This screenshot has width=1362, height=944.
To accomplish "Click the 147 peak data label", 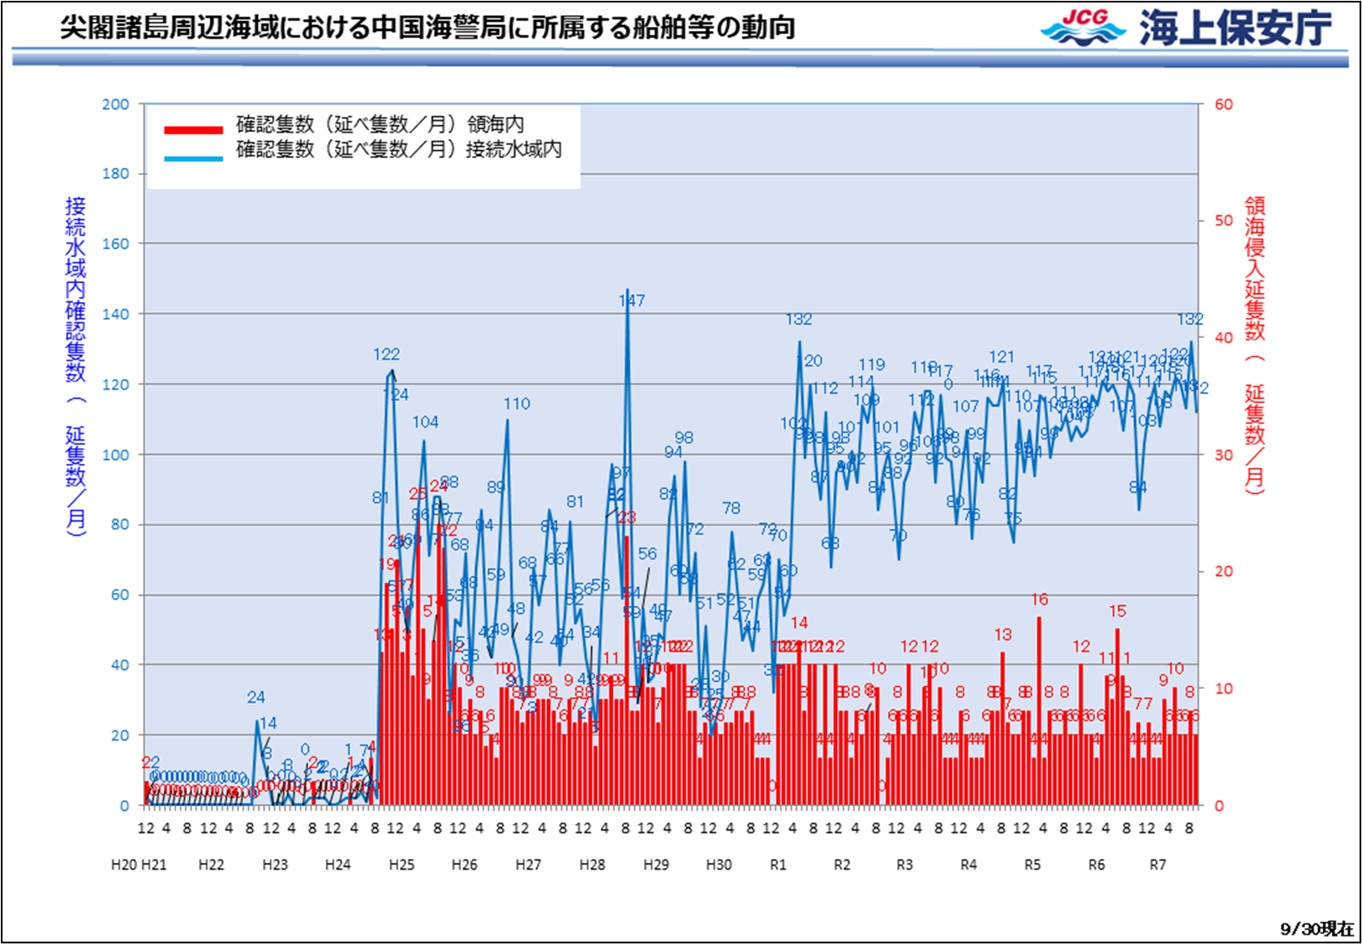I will point(632,300).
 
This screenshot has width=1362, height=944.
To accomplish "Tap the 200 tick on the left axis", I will point(116,104).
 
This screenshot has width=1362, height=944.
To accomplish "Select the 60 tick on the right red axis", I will point(1223,104).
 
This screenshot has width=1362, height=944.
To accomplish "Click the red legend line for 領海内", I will point(194,129).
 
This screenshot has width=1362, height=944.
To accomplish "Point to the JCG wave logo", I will point(1083,28).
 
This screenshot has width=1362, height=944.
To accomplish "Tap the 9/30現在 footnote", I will point(1317,929).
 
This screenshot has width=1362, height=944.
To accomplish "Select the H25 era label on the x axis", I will point(402,865).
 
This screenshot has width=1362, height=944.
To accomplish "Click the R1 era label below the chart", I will point(778,865).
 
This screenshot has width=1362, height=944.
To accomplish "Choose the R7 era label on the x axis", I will point(1157,865).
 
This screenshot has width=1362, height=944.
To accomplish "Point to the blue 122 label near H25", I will point(387,355).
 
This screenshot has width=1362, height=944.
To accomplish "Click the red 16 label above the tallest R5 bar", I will point(1040,599).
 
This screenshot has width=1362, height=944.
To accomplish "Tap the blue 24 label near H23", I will point(256,697).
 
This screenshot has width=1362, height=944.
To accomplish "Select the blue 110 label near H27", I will point(517,404).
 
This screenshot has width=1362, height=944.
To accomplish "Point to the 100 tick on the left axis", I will point(116,455).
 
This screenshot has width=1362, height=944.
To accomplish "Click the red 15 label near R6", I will point(1117,611).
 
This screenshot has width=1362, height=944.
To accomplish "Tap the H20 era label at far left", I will point(124,865).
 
